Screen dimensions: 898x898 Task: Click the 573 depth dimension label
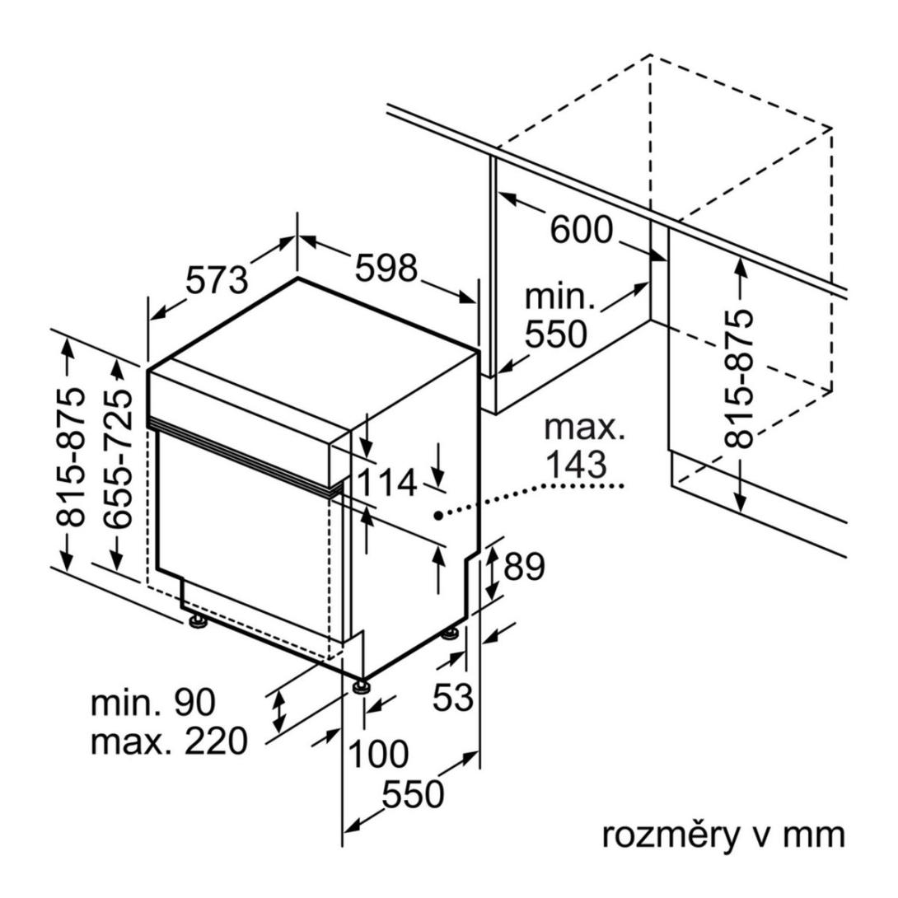(x=217, y=281)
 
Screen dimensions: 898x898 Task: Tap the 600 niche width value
(x=582, y=230)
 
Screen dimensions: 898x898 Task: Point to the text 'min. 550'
(x=559, y=316)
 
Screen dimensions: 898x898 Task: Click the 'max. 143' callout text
(x=586, y=447)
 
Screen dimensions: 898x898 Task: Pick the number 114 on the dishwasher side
(x=387, y=484)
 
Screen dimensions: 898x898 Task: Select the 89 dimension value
(x=524, y=567)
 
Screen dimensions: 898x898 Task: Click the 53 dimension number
(x=454, y=698)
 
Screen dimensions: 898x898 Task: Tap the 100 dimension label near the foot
(x=378, y=753)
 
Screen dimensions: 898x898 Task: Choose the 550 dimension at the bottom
(x=413, y=795)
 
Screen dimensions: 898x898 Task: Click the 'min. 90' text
(x=152, y=703)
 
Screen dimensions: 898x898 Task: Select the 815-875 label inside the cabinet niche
(x=739, y=378)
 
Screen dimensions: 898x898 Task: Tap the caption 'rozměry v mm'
(x=724, y=834)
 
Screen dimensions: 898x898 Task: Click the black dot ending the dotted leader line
(x=439, y=515)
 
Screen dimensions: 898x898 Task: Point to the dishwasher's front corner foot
(x=360, y=686)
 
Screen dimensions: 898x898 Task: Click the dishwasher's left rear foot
(x=198, y=624)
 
